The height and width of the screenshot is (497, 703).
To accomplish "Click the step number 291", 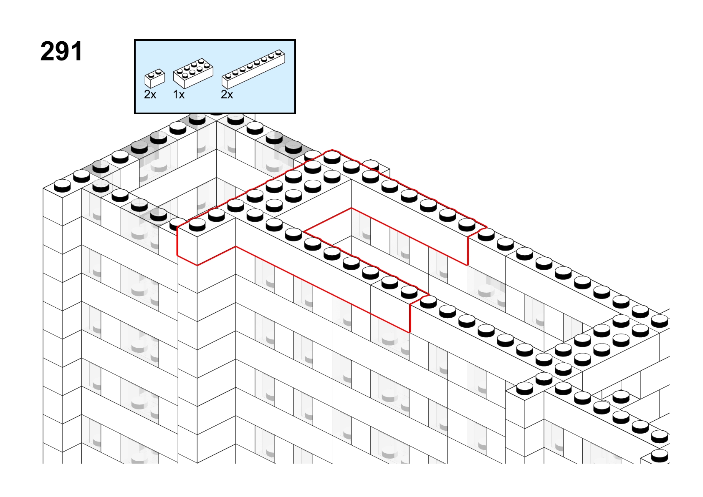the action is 61,51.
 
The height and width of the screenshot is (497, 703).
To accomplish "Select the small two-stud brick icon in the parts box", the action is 155,78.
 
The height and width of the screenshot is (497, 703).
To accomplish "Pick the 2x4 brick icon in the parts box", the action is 193,73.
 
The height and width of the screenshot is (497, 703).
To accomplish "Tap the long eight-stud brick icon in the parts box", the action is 253,69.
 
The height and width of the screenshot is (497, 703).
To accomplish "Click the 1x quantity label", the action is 179,95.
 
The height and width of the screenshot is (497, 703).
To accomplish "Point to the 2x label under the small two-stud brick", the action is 150,95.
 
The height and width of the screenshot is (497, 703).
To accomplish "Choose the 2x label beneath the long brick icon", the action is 227,95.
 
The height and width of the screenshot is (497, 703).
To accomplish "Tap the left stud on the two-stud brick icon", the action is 152,75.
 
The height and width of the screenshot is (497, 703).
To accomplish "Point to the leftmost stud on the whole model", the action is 62,186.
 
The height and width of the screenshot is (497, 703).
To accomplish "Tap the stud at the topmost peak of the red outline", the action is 332,157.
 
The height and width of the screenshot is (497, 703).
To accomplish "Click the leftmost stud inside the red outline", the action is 197,224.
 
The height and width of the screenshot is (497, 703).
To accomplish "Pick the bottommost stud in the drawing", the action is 660,455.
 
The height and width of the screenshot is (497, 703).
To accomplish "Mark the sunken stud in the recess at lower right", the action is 621,397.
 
